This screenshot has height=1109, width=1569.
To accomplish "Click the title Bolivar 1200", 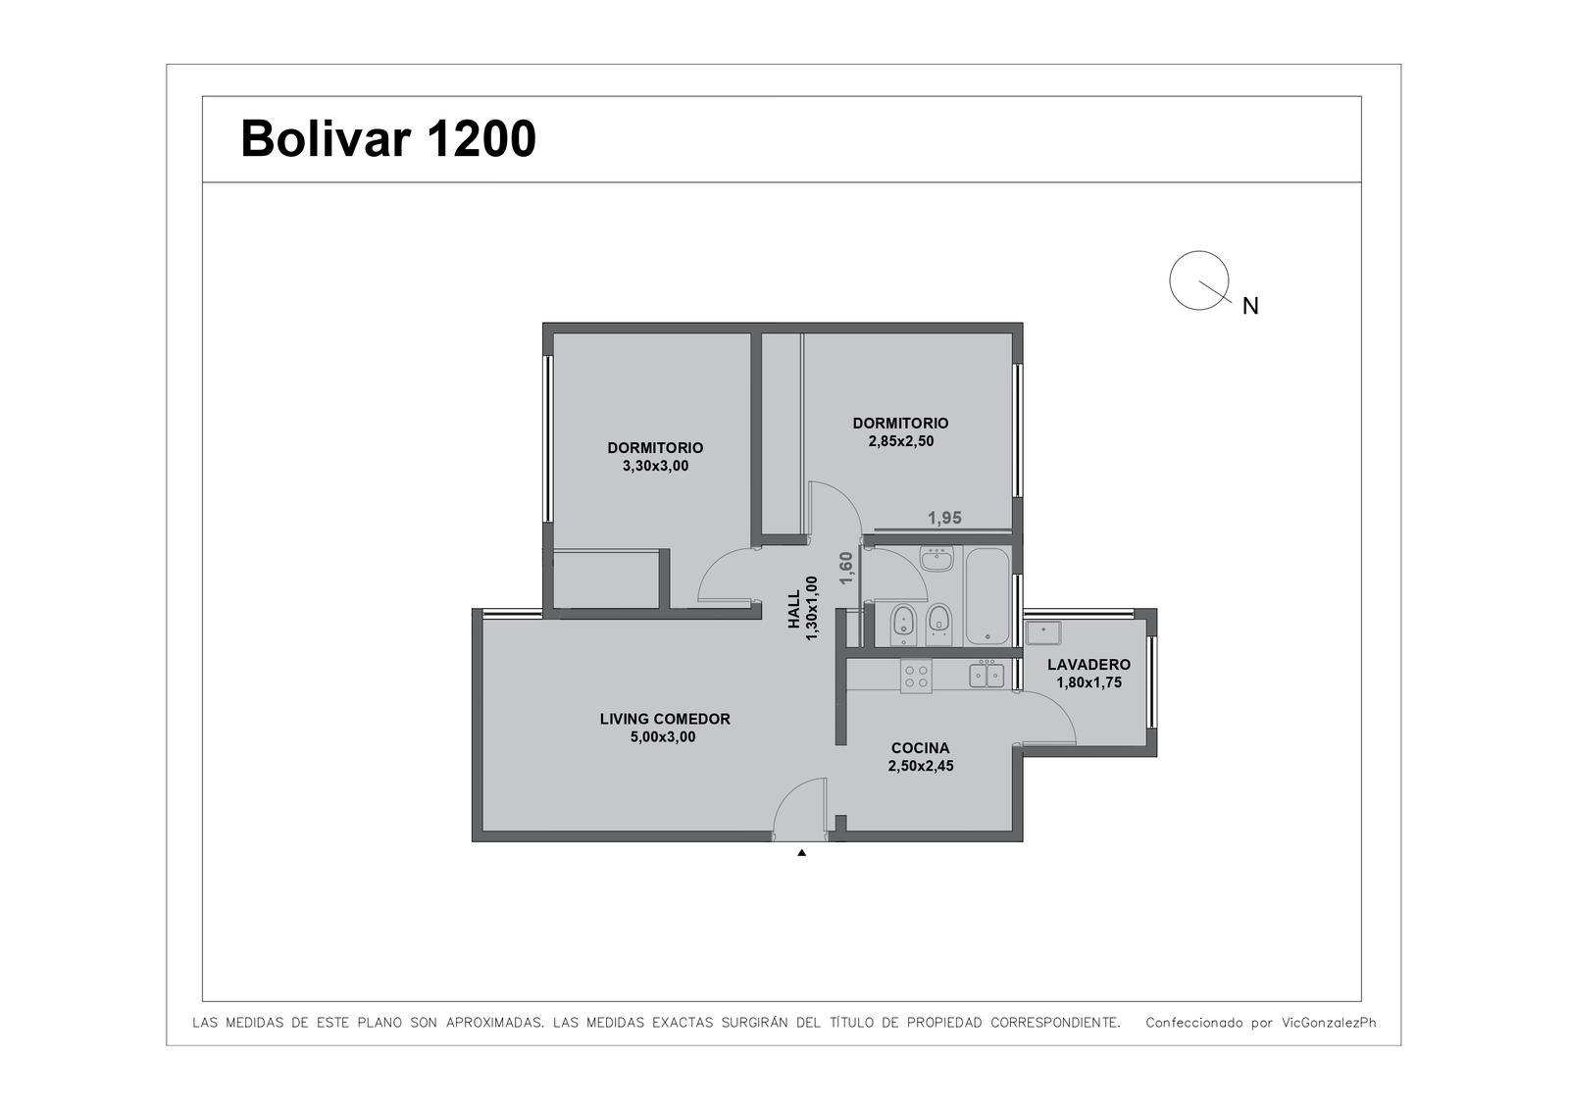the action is pyautogui.click(x=388, y=138).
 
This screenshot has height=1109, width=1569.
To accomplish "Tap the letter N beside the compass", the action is pyautogui.click(x=1250, y=306).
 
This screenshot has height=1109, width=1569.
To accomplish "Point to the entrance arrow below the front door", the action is pyautogui.click(x=802, y=853).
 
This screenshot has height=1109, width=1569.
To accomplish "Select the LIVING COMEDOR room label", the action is pyautogui.click(x=665, y=719).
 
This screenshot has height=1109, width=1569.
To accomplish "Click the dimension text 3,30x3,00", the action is pyautogui.click(x=656, y=466).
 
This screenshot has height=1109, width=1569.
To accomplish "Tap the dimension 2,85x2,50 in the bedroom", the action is pyautogui.click(x=901, y=441).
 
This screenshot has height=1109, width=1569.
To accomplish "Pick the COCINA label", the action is pyautogui.click(x=921, y=747).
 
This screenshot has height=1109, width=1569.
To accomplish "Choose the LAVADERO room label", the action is pyautogui.click(x=1089, y=664).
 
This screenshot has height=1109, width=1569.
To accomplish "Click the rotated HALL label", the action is pyautogui.click(x=794, y=608).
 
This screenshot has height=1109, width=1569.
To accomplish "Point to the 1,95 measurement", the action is pyautogui.click(x=945, y=518).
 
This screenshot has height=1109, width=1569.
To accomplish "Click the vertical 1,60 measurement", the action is pyautogui.click(x=846, y=568).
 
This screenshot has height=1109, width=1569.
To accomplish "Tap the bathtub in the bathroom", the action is pyautogui.click(x=987, y=596).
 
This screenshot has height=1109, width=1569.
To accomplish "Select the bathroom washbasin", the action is pyautogui.click(x=936, y=558).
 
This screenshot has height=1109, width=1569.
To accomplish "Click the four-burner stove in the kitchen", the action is pyautogui.click(x=916, y=676).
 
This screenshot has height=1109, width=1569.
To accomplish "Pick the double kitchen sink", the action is pyautogui.click(x=987, y=676).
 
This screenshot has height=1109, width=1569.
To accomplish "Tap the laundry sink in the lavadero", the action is pyautogui.click(x=1043, y=632).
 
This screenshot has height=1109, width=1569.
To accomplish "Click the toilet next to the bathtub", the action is pyautogui.click(x=938, y=624).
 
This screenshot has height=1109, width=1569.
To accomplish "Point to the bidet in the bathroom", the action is pyautogui.click(x=903, y=625).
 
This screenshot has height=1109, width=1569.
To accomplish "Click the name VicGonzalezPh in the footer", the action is pyautogui.click(x=1329, y=1023).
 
